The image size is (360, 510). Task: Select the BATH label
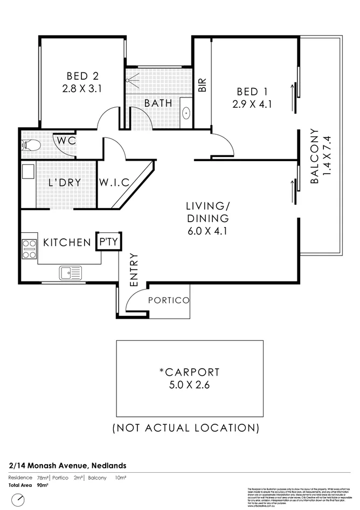[158, 102]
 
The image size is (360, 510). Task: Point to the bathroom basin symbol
[186, 113]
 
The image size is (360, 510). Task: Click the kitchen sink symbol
[71, 273]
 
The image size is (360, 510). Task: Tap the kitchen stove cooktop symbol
[29, 249]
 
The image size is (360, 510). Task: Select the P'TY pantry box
[109, 242]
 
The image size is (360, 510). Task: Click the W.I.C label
[114, 182]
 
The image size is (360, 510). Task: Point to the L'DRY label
[65, 182]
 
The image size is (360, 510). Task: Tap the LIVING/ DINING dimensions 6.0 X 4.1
[207, 231]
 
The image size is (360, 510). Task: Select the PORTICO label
[169, 300]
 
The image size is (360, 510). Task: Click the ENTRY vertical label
[134, 270]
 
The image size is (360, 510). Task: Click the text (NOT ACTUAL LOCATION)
[185, 428]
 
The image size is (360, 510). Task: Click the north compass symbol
[19, 500]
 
